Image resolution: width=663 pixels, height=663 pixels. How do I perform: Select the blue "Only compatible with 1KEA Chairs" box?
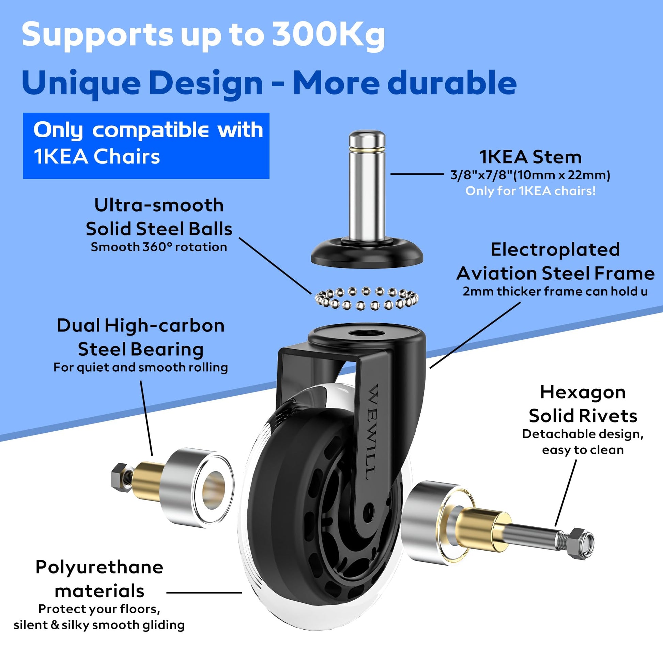(x=146, y=146)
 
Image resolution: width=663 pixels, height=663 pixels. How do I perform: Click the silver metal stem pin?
(x=367, y=185)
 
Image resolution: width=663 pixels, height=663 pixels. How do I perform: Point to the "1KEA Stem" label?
(x=530, y=157)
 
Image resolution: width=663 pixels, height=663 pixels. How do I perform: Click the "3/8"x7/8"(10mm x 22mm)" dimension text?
(x=530, y=175)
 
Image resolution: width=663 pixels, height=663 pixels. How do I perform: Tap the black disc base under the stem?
(x=367, y=252)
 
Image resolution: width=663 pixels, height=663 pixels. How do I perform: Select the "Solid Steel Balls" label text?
(x=159, y=229)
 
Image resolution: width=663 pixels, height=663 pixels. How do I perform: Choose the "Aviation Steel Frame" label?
(x=555, y=273)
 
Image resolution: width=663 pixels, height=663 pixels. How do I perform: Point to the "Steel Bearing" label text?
(x=141, y=350)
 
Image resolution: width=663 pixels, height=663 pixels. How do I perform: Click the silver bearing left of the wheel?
(x=198, y=488)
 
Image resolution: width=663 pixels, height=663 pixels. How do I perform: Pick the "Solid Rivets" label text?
(x=583, y=416)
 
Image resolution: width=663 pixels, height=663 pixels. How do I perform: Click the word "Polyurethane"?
(x=99, y=568)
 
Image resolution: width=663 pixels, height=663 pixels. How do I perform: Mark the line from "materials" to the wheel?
(x=204, y=592)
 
